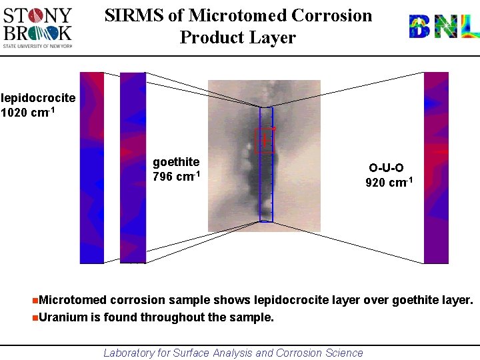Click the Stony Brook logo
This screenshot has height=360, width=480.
coord(38,27)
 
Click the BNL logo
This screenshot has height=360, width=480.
coord(443,27)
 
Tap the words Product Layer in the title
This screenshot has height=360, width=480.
coord(237,37)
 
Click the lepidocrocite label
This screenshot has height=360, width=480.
coord(38,98)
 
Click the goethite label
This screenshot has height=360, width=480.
coord(176,162)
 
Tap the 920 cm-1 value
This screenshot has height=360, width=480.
coord(389,183)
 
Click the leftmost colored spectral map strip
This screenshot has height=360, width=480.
coord(92,167)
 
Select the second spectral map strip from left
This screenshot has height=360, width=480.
coord(133,167)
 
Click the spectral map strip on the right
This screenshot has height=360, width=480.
coord(437,167)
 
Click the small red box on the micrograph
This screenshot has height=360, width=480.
coord(265,140)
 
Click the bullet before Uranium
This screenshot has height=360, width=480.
coord(35,317)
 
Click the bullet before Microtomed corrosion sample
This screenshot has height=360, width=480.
coord(35,301)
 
